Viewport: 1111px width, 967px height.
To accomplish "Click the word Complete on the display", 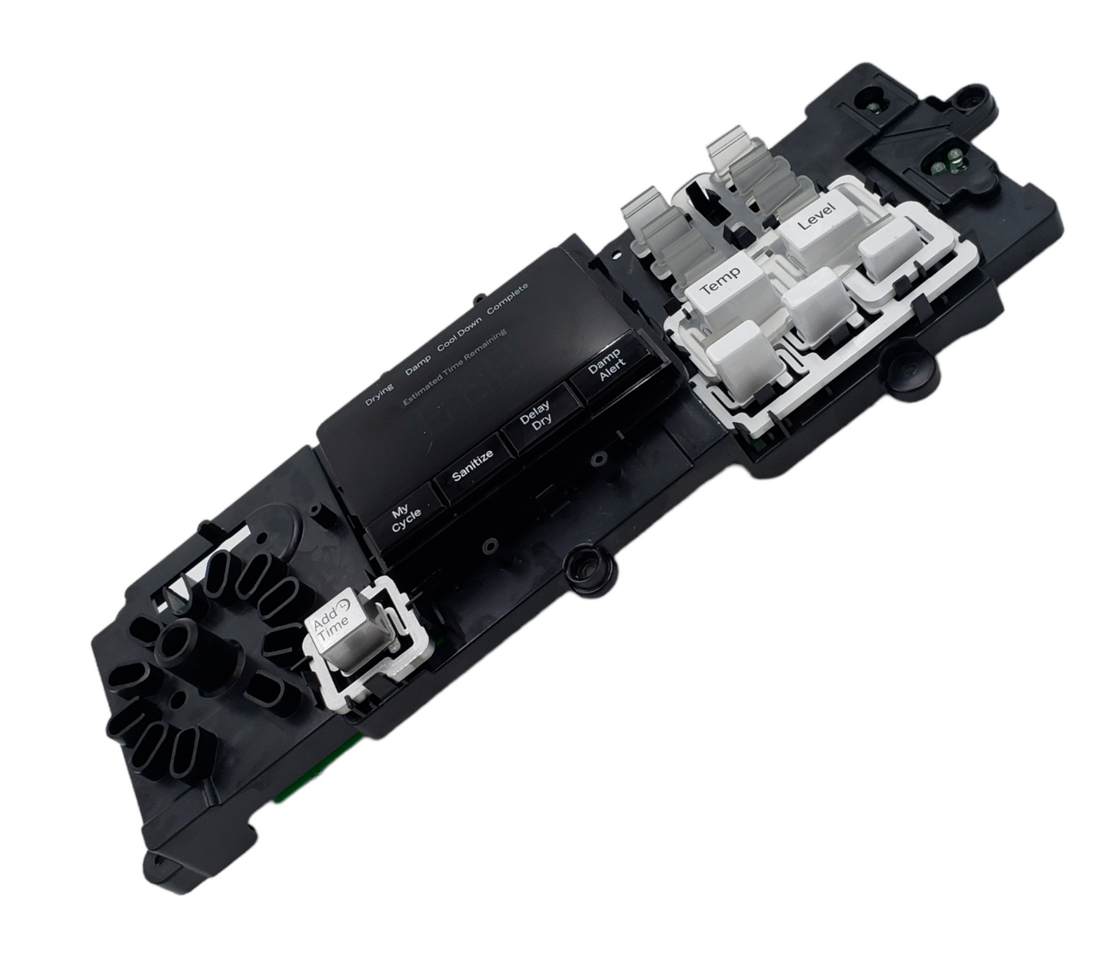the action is click(x=507, y=298).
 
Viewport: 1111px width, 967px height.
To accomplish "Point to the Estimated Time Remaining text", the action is click(x=455, y=367).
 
